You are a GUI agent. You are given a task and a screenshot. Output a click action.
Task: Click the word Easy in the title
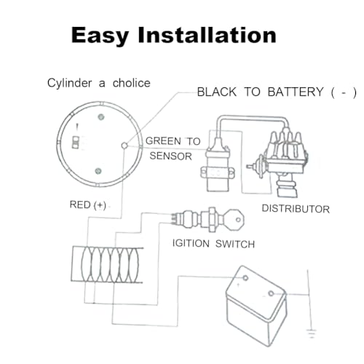point(100,36)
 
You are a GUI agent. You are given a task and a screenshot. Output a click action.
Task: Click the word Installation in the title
point(207,35)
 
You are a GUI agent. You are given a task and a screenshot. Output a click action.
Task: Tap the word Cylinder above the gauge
point(70,84)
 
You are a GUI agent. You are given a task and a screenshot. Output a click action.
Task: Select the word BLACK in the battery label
point(217,92)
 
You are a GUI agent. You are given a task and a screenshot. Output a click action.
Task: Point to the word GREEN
point(163,141)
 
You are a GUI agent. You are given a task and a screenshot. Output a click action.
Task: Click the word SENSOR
point(171,156)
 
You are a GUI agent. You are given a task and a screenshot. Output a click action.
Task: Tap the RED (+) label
point(88,205)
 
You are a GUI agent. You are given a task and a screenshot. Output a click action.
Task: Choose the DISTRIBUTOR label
point(296,209)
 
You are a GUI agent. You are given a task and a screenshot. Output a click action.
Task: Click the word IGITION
point(191,243)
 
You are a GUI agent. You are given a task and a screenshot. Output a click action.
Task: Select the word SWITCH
point(235,244)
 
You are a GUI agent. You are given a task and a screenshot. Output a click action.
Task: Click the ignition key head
point(234,220)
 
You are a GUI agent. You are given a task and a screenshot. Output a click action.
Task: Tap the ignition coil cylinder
point(218,167)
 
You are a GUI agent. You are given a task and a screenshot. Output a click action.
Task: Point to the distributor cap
point(285,147)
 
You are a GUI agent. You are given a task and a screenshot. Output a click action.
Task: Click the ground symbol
point(312,333)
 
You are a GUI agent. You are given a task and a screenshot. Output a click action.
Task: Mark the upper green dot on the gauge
point(101,117)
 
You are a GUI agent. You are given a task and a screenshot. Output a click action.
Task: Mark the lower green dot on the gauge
point(98,171)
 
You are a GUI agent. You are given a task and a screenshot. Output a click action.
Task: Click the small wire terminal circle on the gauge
point(124,146)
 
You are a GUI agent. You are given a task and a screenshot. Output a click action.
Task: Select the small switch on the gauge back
point(76,142)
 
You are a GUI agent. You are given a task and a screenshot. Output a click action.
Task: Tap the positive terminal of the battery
point(245,278)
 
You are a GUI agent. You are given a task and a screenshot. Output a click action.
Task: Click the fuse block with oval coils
point(107,265)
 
